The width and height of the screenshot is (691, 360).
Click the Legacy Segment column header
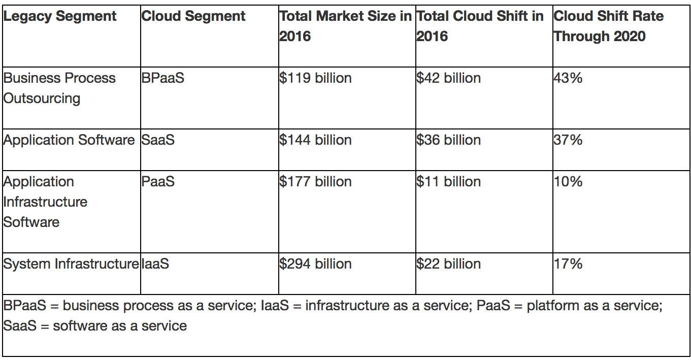[x=60, y=16]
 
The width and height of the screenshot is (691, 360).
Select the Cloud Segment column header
[x=193, y=16]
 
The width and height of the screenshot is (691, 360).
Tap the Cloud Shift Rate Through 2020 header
[x=608, y=26]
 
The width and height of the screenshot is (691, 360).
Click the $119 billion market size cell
[x=315, y=78]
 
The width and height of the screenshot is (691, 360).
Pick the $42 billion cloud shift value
[x=448, y=78]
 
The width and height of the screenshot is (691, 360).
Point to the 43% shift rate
[x=568, y=78]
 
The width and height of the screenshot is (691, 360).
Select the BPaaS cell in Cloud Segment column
[x=162, y=78]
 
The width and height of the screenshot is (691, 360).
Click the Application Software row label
[x=69, y=140]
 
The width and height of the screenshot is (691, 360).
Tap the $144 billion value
[x=315, y=140]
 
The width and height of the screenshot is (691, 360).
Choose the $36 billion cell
[x=448, y=140]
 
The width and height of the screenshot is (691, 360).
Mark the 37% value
[x=568, y=140]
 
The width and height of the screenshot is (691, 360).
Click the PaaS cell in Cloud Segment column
[x=158, y=182]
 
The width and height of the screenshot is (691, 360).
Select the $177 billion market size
[x=315, y=182]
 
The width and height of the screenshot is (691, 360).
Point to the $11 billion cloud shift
[x=448, y=182]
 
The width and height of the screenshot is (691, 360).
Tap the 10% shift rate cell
[x=568, y=182]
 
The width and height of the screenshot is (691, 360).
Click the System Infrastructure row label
[x=71, y=264]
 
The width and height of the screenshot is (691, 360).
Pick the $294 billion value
[x=315, y=264]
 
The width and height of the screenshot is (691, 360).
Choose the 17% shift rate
[x=568, y=264]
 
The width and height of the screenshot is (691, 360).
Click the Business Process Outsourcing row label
[x=59, y=88]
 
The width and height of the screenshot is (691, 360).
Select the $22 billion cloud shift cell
[x=448, y=264]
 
